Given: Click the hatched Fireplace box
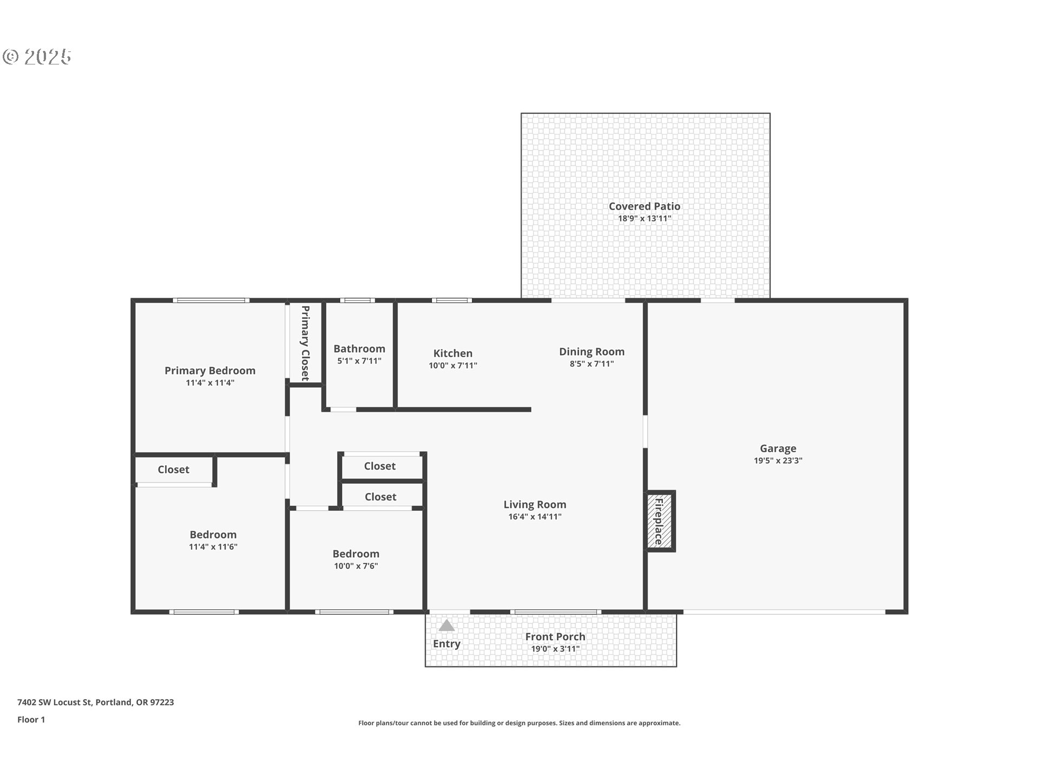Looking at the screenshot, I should (660, 521).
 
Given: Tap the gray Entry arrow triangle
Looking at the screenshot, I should (446, 626).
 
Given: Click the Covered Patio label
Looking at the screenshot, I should (644, 206).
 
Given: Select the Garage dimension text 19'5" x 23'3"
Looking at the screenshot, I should (778, 461).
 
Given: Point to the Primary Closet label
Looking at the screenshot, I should (305, 343).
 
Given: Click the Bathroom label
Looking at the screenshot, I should (359, 349).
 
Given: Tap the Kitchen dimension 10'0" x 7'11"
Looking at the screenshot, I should (453, 366).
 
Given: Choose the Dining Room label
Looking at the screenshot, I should (591, 352).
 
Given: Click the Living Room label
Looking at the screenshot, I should (535, 504).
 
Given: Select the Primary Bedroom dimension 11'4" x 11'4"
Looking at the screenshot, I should (210, 383).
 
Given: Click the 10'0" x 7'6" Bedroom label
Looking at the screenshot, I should (356, 554).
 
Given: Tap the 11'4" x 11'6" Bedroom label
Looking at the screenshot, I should (213, 535).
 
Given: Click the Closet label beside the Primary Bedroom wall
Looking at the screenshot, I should (173, 470).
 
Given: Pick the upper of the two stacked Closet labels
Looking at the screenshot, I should (379, 466).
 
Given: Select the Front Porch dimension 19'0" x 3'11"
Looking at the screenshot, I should (555, 649).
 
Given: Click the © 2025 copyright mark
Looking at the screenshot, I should (37, 57).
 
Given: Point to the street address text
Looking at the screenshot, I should (95, 703).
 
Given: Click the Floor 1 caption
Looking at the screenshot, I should (31, 720).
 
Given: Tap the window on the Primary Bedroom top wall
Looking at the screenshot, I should (211, 300).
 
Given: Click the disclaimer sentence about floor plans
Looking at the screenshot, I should (519, 723).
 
